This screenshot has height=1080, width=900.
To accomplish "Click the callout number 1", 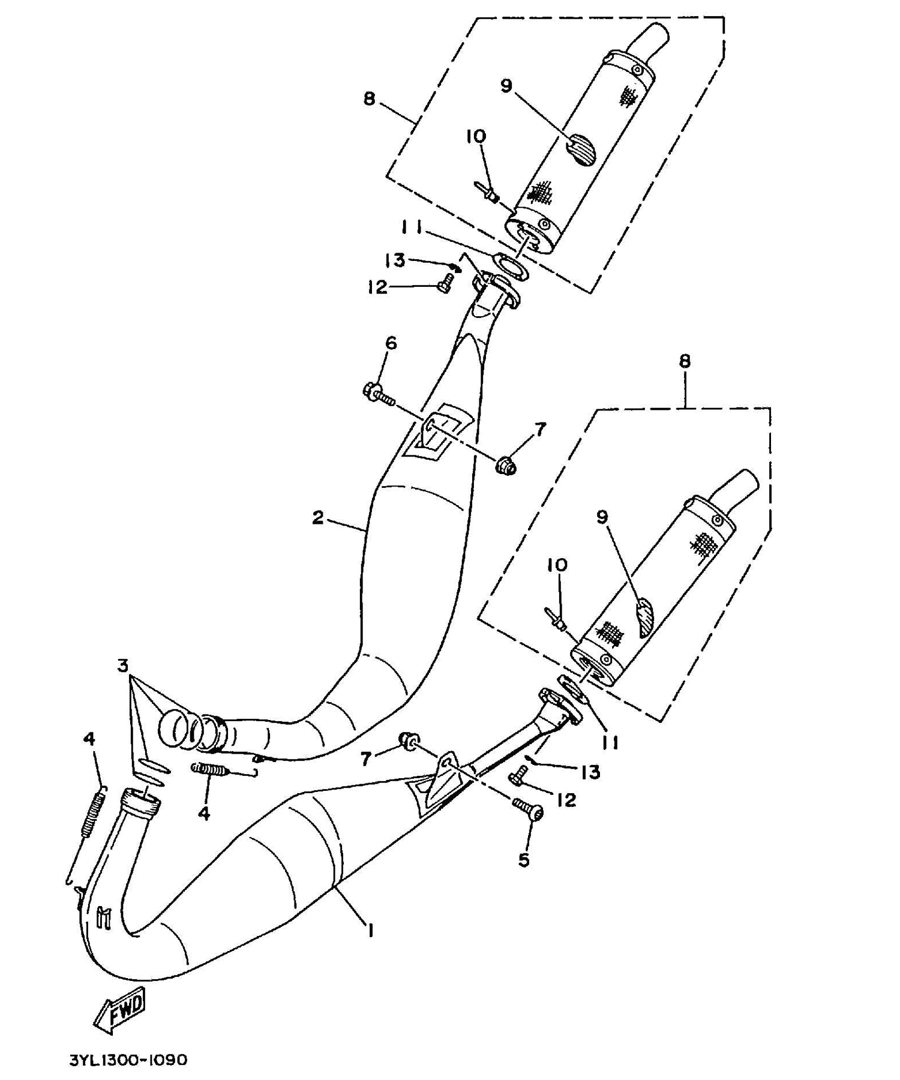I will point(371,931).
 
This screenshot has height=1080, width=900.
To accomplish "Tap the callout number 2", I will point(318,517).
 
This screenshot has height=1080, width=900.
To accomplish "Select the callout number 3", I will point(123,665).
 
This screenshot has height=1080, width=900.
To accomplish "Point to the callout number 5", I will point(524,860).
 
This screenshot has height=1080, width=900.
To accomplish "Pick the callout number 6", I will point(391,343).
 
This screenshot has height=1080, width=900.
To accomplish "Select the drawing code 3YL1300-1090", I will point(128,1061).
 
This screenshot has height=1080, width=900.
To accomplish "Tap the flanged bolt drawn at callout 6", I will point(378,394).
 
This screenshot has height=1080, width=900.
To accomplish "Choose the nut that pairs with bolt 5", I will point(409,741).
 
